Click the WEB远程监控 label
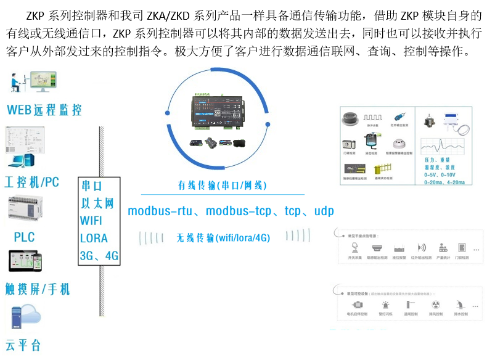click(44, 110)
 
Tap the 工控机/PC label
click(32, 182)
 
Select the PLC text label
click(25, 237)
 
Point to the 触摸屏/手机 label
click(38, 288)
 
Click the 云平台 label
click(23, 345)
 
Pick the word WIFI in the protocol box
click(91, 221)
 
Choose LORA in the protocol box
click(94, 238)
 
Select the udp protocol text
click(324, 211)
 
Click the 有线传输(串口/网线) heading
click(223, 185)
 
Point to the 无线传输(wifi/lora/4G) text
click(223, 237)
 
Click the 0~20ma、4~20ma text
click(449, 183)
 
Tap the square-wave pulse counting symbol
click(373, 117)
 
